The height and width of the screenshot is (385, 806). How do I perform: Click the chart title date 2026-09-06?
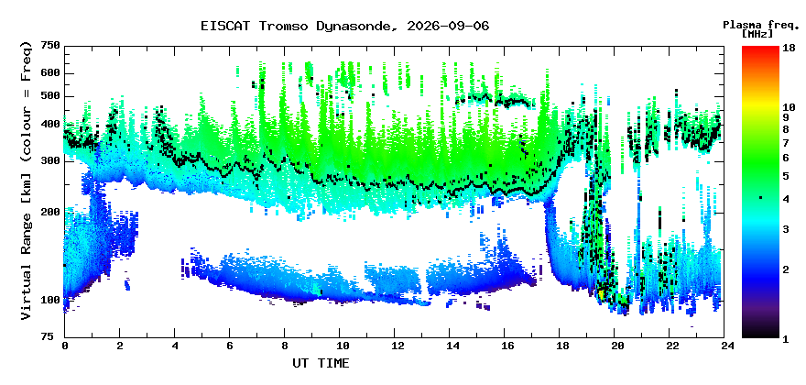pos(448,26)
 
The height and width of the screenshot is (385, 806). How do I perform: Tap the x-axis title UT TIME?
pos(321,363)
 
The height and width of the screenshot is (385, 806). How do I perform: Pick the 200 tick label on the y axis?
pos(51,212)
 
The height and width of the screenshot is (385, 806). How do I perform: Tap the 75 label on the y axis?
pos(54,337)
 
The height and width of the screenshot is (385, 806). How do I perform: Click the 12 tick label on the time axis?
pos(394,346)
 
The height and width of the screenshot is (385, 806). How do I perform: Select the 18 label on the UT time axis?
pos(560,346)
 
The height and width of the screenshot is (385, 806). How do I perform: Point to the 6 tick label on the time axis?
pos(229,346)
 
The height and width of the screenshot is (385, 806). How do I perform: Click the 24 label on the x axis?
pos(724,346)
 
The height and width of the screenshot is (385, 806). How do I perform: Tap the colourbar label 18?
pos(789,48)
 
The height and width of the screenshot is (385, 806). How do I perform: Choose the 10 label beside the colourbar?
pos(789,107)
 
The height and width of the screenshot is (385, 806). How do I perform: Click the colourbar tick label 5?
pos(786,176)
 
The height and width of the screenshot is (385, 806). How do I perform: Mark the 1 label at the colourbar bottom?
pos(786,339)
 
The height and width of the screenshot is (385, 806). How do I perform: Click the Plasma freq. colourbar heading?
pos(759,25)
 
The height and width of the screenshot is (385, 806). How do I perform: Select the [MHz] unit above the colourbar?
pos(757,34)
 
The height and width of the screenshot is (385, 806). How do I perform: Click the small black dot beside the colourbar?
pos(760,198)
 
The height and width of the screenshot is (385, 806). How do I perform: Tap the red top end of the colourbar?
pos(760,48)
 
